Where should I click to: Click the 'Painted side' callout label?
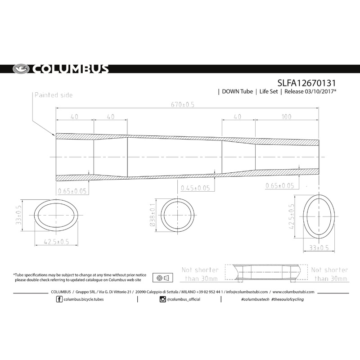click(53, 95)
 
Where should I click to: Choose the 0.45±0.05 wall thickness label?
click(195, 188)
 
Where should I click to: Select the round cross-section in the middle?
click(179, 215)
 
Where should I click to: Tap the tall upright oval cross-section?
click(320, 215)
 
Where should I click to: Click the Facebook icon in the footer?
click(59, 299)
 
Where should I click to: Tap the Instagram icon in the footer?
click(162, 299)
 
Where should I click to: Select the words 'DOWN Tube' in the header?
click(236, 92)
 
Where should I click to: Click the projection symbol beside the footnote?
click(163, 277)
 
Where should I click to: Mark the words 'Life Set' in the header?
click(268, 92)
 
